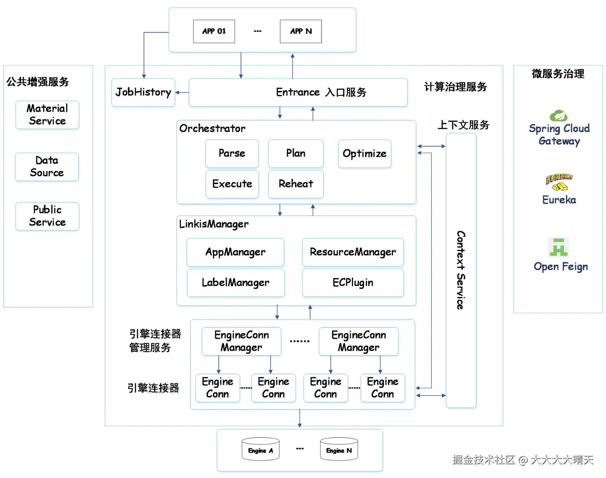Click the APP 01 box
tap(214, 31)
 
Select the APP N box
tap(300, 31)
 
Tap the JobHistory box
tap(143, 92)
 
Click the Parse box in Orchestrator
tap(232, 153)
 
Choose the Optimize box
tap(364, 153)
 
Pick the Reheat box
tap(296, 184)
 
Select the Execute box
tap(232, 184)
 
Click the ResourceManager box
tap(353, 252)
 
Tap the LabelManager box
tap(236, 283)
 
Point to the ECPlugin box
tap(353, 283)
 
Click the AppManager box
tap(235, 252)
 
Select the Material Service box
tap(47, 115)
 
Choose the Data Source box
tap(47, 167)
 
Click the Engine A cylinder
tap(260, 449)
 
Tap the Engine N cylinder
tap(339, 449)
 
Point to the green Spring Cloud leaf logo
tap(558, 116)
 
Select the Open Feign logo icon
tap(558, 247)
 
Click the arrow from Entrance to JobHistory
tap(182, 92)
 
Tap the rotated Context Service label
tap(461, 270)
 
